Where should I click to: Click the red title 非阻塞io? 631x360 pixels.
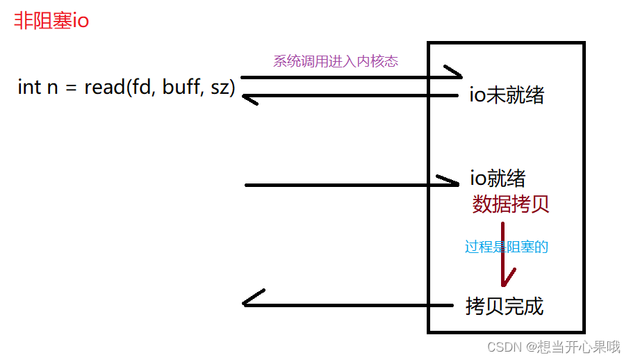51,20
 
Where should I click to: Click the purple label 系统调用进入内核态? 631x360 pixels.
336,61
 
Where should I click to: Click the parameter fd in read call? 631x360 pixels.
143,88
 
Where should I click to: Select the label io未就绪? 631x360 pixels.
507,95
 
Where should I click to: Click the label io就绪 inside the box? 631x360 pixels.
498,178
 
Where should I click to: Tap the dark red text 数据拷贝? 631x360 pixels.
511,204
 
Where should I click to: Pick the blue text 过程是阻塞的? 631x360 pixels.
507,247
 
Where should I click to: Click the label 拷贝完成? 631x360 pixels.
505,306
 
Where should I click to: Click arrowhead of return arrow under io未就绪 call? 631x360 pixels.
248,99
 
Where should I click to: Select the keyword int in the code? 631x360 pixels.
29,88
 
